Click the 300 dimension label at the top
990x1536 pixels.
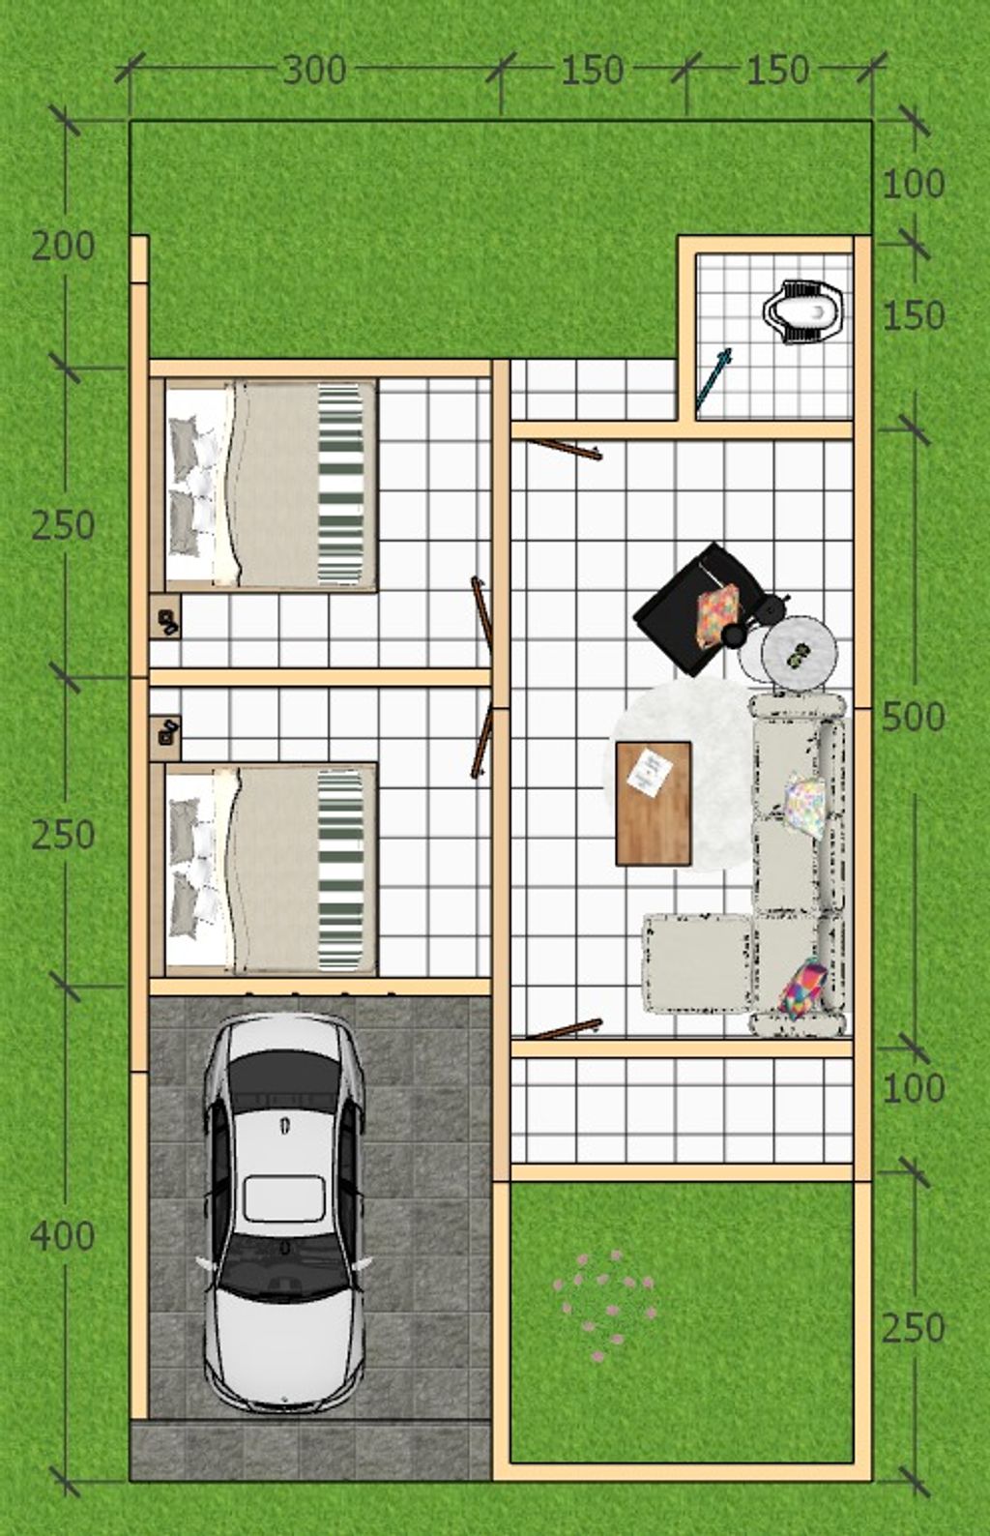314,70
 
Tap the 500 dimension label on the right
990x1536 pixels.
914,718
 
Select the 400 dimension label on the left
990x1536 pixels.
63,1236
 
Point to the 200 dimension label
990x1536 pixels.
63,247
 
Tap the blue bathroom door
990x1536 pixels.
713,380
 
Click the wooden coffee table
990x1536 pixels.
654,803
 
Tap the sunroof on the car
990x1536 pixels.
284,1197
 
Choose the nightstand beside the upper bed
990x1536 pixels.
165,617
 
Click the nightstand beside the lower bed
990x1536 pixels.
165,739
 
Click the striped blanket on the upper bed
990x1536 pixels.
340,485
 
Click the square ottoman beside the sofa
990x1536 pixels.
696,962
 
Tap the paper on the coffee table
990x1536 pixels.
650,773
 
